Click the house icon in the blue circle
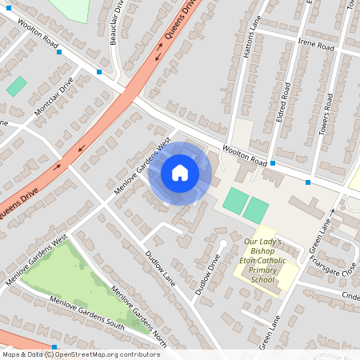click(180, 172)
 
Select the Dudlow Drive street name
click(206, 274)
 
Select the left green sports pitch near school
click(235, 201)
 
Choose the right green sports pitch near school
click(256, 210)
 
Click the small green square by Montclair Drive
click(16, 86)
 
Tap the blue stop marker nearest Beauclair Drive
click(99, 72)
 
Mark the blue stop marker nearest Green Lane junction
click(308, 182)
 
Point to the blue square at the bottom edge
click(54, 347)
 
